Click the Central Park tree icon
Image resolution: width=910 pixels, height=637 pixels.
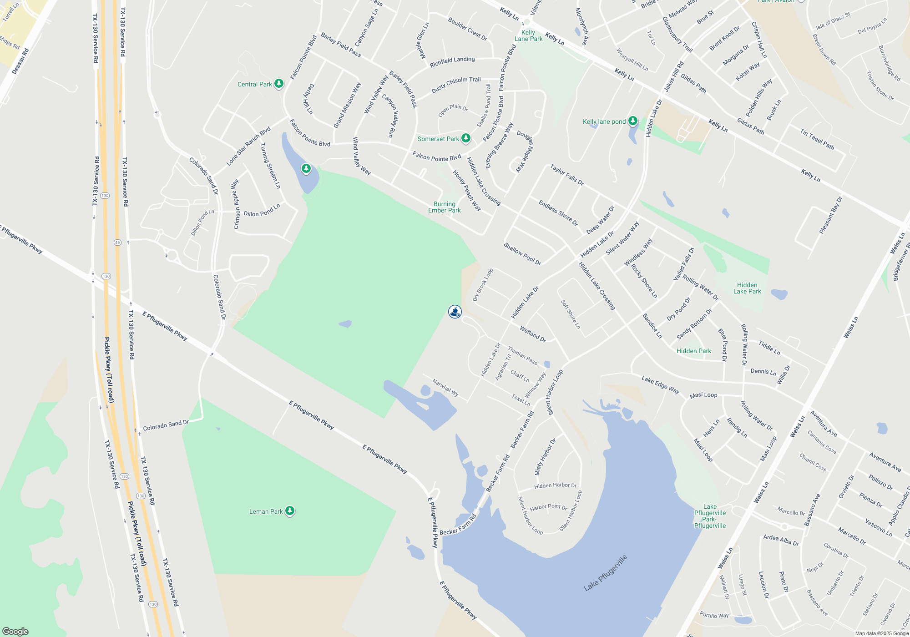pos(279,84)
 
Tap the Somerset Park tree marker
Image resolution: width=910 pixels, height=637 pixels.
pos(465,138)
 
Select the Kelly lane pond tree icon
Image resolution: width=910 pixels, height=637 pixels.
pos(632,121)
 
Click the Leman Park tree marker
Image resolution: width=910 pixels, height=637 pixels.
pos(290,511)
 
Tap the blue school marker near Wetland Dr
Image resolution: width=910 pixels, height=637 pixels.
pos(455,312)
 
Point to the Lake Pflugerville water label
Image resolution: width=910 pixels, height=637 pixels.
pos(605,573)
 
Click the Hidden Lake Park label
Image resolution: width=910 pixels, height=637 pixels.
pos(747,288)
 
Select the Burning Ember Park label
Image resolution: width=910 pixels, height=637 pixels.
pos(444,207)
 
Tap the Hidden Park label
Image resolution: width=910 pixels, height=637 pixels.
pos(693,351)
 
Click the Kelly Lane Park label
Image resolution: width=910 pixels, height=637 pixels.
pos(528,35)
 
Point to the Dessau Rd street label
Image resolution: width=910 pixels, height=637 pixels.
pos(20,61)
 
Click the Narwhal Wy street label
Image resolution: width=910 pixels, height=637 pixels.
pos(445,388)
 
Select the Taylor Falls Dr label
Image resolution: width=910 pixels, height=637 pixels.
pos(566,175)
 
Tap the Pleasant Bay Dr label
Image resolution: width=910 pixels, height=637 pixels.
pos(830,215)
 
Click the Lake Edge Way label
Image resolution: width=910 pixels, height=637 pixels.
pos(660,384)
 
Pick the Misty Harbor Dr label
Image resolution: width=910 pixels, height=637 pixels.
pos(545,457)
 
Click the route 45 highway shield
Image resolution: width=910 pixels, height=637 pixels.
pos(117,243)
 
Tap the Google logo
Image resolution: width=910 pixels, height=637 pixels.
pos(15,631)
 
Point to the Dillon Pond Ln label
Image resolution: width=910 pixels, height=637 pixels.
pos(262,210)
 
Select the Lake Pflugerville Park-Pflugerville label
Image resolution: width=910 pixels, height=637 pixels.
pos(710,516)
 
